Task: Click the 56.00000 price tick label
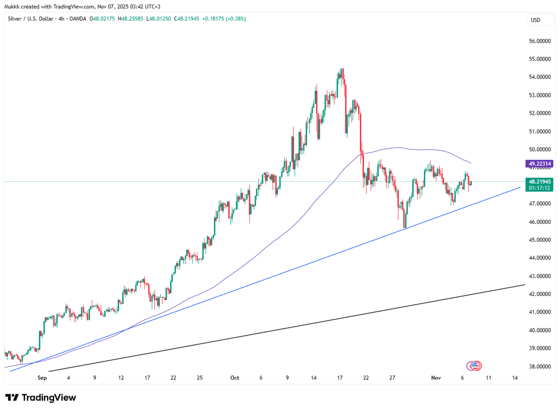click(540, 41)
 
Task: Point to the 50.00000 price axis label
click(540, 149)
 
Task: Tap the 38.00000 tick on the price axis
click(540, 366)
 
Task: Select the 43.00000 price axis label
click(540, 276)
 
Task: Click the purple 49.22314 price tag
click(539, 164)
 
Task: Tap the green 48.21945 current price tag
click(539, 182)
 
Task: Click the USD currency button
click(535, 20)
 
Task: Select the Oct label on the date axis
click(235, 378)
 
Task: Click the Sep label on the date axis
click(42, 378)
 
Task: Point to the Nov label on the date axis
click(436, 378)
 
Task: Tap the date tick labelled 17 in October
click(340, 378)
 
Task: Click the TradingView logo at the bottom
click(40, 398)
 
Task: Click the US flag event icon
click(476, 366)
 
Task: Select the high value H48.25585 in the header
click(130, 19)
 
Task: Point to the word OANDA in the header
click(78, 19)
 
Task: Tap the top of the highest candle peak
click(342, 69)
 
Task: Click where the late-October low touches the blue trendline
click(405, 229)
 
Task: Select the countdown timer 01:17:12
click(539, 188)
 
